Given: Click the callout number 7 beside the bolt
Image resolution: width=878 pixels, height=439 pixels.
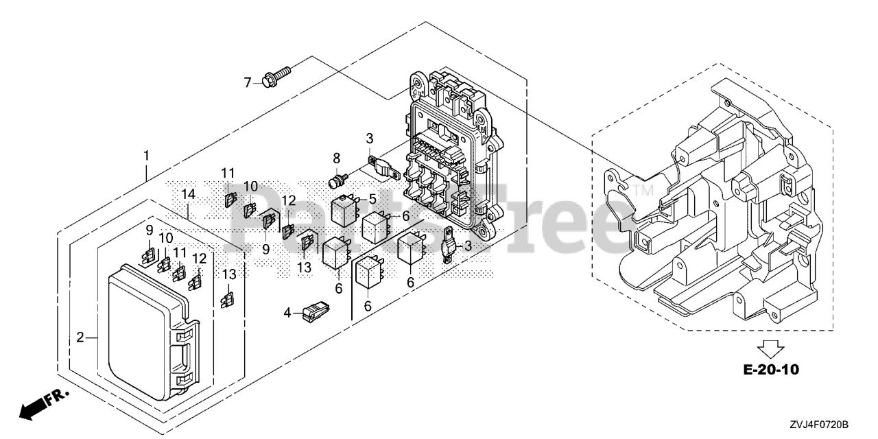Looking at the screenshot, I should coord(248,83).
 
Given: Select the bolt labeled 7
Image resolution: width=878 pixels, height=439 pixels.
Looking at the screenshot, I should coord(275,75).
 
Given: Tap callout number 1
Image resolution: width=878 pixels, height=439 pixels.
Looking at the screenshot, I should coord(146,156).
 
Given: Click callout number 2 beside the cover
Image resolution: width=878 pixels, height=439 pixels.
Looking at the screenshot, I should coord(80,337).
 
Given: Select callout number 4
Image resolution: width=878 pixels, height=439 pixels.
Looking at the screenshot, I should coord(288,313).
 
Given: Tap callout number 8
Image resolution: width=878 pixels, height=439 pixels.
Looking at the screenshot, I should coord(337,159).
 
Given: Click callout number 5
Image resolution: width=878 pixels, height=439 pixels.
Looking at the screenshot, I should coord(372,199).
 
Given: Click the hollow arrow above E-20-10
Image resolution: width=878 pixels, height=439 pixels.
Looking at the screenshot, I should coord(772,348).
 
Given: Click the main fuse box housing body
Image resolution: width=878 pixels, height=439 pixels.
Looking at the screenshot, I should coord(446,158).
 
